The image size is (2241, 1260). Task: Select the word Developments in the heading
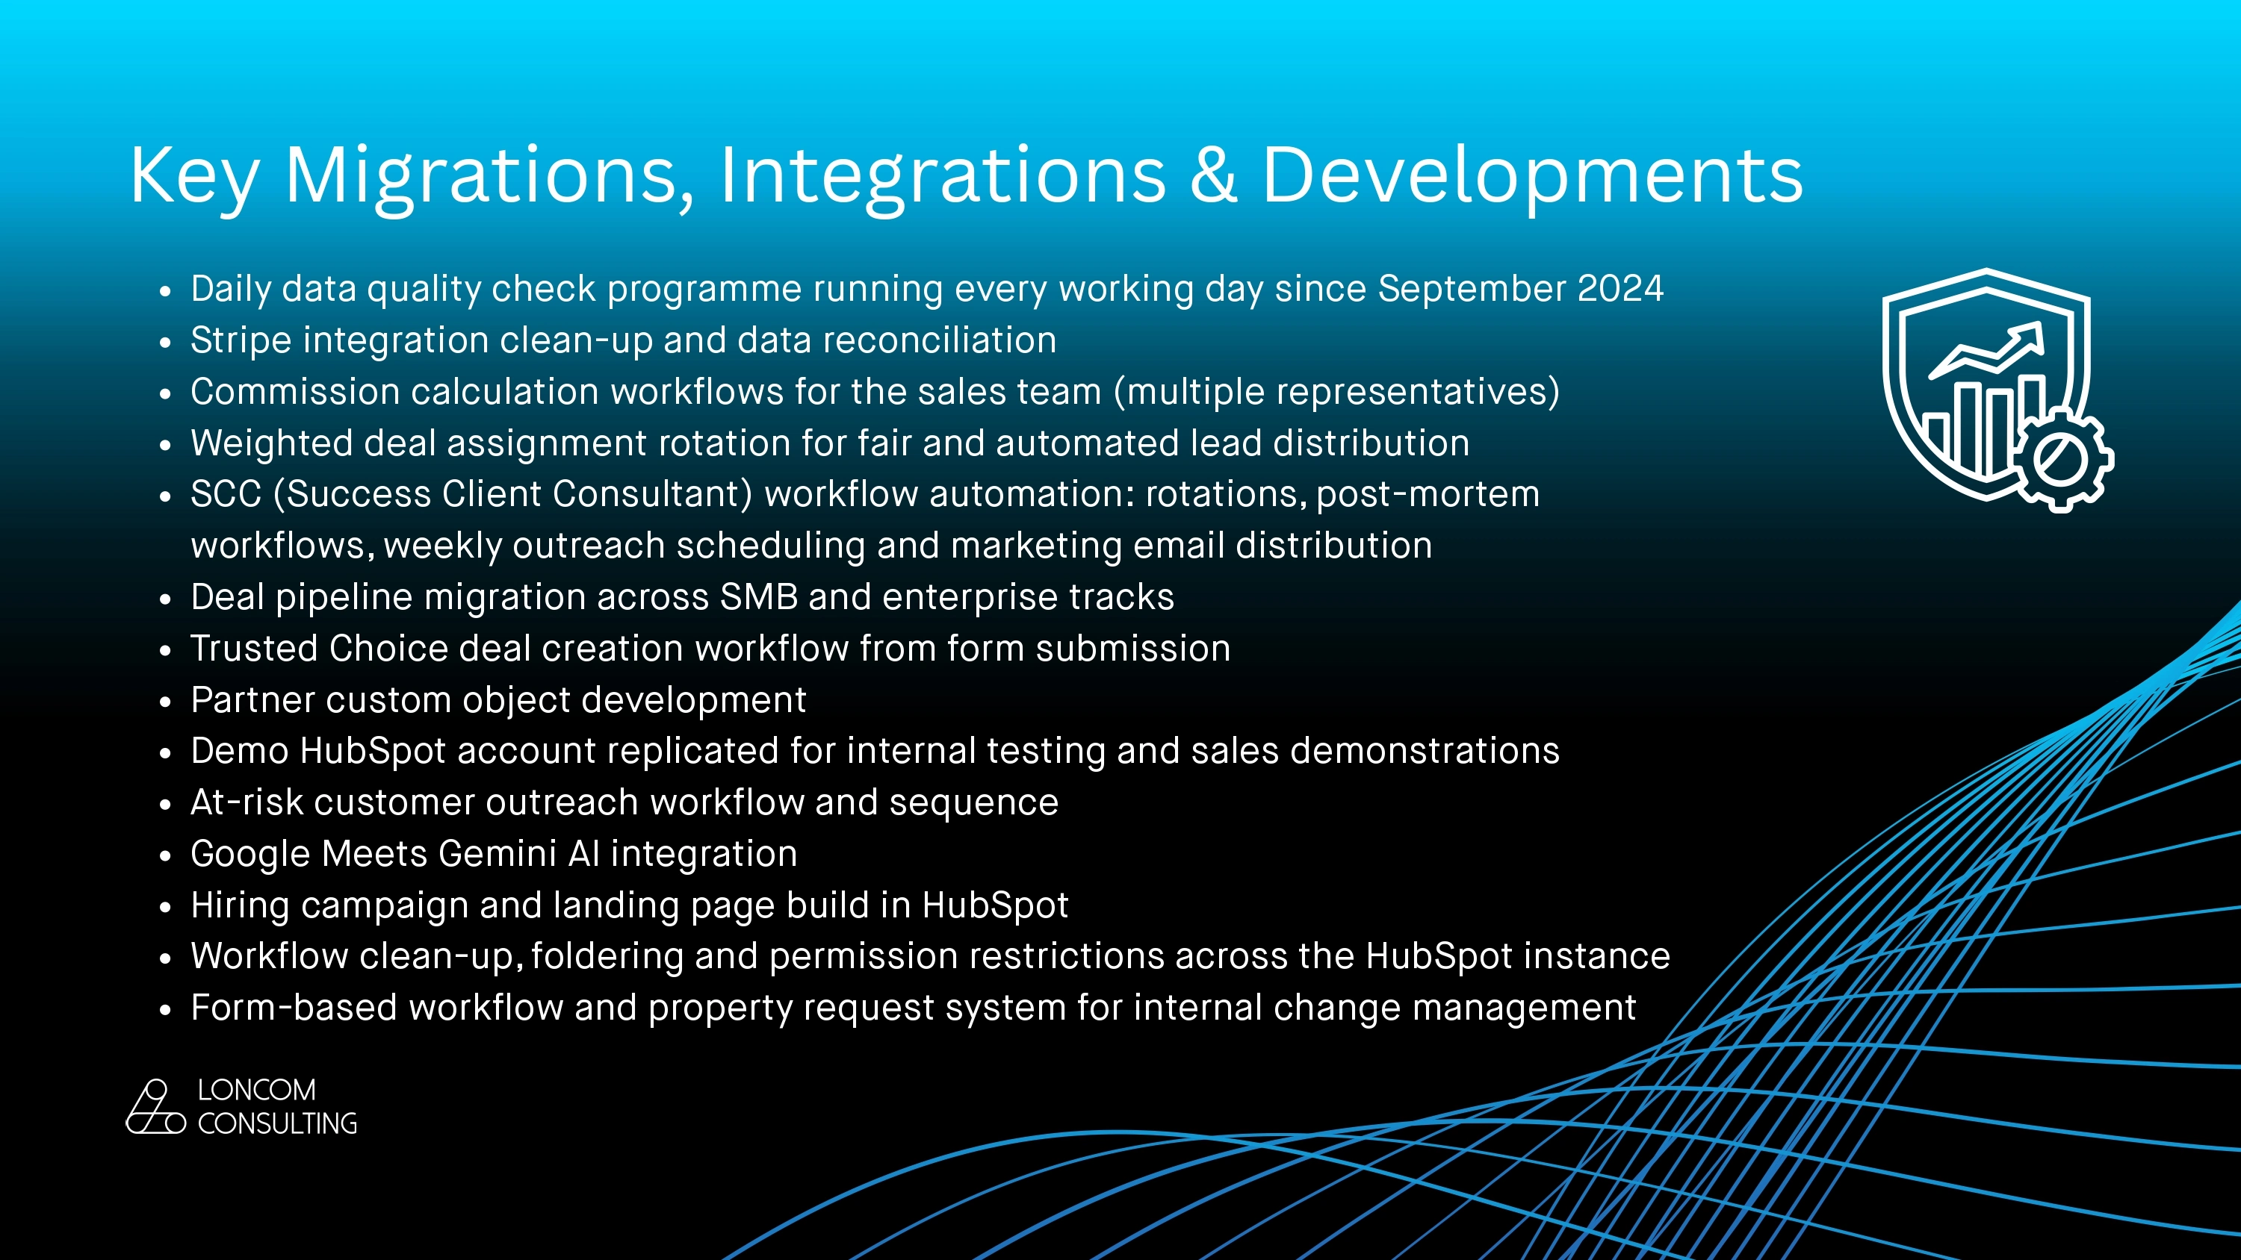tap(1532, 176)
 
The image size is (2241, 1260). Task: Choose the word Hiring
tap(240, 905)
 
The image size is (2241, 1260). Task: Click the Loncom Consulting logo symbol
tap(155, 1107)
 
